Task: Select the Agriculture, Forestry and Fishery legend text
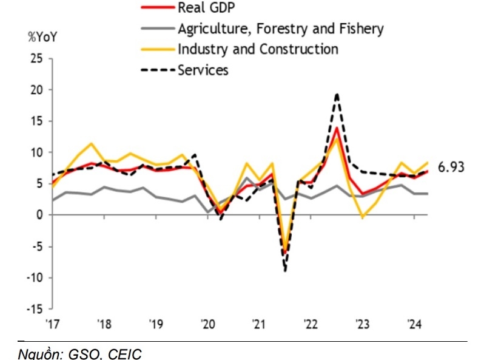tap(280, 28)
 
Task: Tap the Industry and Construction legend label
tap(258, 49)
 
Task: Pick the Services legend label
tap(203, 70)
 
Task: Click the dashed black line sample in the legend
tap(157, 70)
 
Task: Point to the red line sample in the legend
tap(157, 7)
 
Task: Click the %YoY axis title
tap(42, 35)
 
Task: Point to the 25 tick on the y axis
tap(38, 58)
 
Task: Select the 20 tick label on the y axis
tap(38, 90)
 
